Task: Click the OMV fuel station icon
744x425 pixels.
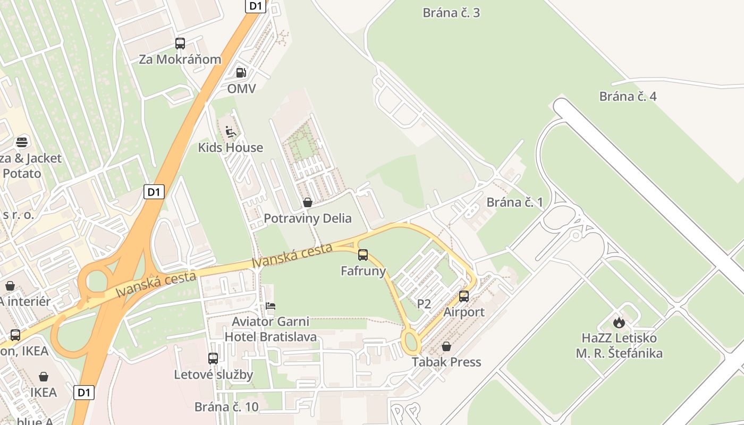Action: [241, 73]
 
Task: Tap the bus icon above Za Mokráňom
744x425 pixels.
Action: [180, 44]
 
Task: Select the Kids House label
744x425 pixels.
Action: [230, 147]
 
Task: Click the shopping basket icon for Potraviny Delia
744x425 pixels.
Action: [307, 202]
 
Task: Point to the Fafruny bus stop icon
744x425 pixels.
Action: [363, 255]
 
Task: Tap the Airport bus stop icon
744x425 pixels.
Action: [464, 296]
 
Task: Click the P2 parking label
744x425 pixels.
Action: [424, 304]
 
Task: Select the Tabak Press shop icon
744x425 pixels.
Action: [446, 346]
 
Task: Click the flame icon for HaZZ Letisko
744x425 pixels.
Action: [619, 322]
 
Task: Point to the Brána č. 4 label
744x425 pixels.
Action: [628, 96]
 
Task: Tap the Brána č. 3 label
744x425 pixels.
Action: [451, 13]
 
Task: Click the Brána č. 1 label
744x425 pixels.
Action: [514, 202]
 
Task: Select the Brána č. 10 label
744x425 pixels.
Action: [226, 407]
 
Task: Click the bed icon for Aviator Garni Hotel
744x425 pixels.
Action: [270, 306]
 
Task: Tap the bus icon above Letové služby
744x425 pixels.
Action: [213, 359]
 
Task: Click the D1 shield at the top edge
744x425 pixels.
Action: [256, 6]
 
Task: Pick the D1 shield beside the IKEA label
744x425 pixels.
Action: [83, 393]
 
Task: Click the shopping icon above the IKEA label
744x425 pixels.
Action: [44, 377]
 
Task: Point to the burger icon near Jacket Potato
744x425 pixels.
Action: [22, 142]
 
